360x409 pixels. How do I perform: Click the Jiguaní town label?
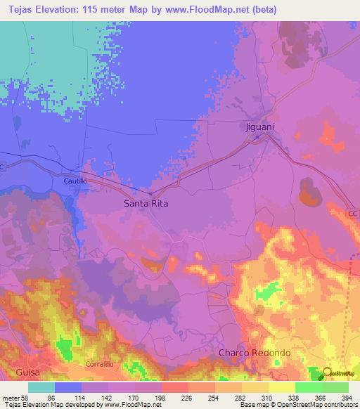[x=264, y=128]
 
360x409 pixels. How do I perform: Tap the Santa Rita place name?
[x=146, y=203]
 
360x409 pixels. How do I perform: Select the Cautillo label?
[x=75, y=181]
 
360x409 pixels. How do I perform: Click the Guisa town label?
[x=17, y=372]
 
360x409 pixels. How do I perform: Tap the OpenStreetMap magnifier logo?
[x=328, y=374]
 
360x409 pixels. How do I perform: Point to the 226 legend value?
[x=187, y=398]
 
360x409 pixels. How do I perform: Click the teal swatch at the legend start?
[x=41, y=387]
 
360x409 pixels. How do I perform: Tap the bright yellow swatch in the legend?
[x=281, y=387]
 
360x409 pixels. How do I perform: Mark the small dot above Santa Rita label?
[x=150, y=194]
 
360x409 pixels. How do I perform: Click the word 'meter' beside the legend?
[x=11, y=398]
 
